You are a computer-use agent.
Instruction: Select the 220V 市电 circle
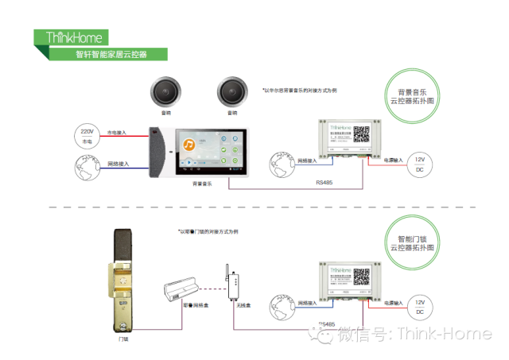coord(87,135)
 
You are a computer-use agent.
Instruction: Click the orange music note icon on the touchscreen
coord(189,145)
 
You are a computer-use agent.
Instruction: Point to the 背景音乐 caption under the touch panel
coord(201,184)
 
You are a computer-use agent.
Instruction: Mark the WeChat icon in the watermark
coord(324,335)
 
